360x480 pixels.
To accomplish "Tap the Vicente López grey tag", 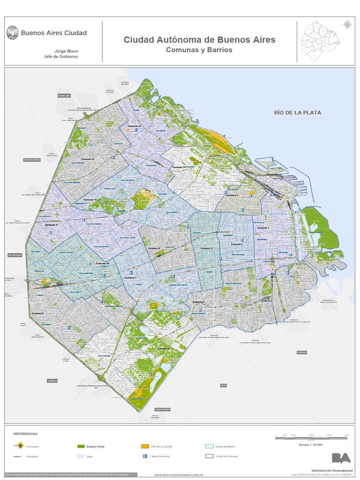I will tap(64, 96).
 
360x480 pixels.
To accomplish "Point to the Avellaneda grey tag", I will tap(303, 352).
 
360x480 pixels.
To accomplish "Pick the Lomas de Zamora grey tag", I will tap(162, 409).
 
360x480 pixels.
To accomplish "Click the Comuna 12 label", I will tap(88, 159).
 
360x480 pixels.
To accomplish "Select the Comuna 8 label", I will tap(163, 349).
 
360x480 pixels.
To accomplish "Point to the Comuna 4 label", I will tap(199, 302).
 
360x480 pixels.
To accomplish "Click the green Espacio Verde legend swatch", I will tap(80, 446).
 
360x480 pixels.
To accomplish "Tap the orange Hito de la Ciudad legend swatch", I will tap(145, 446).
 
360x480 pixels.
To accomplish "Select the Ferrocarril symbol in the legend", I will tap(19, 446).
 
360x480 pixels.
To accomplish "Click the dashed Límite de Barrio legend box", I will tap(209, 446).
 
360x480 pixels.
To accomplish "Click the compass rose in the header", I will tap(347, 24).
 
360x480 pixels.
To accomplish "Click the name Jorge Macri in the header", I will tap(67, 50).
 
